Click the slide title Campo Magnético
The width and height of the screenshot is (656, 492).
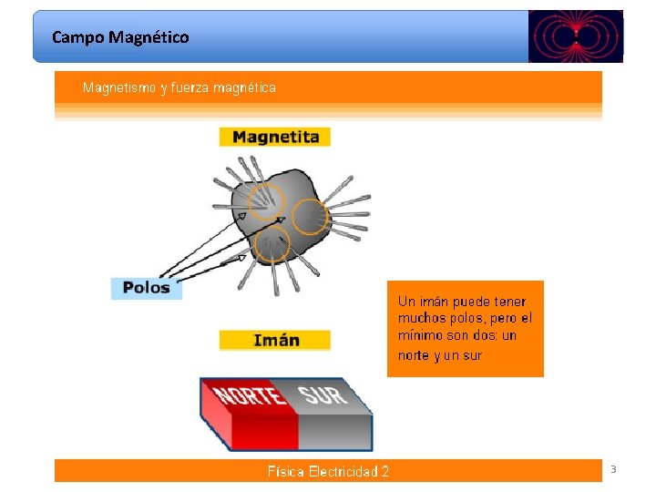120,37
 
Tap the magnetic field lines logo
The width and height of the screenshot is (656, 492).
575,36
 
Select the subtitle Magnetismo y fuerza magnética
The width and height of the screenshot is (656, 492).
179,87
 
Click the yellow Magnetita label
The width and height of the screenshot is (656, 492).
275,137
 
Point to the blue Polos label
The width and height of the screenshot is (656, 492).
146,288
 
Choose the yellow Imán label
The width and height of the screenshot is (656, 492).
275,340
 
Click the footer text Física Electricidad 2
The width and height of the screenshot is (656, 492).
328,471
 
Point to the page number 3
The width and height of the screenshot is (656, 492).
613,469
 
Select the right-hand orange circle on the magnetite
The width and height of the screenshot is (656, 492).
310,216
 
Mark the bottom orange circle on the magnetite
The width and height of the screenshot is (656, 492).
272,243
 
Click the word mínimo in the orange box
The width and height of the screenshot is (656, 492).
417,335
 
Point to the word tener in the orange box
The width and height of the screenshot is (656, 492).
508,301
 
